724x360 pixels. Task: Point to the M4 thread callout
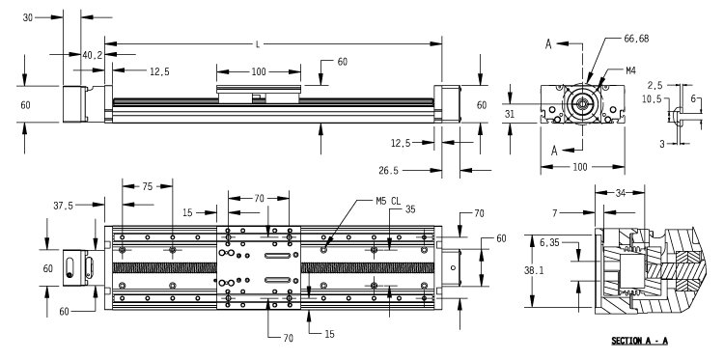628,69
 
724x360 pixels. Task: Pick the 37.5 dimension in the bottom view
65,204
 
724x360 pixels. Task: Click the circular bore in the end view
583,105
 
